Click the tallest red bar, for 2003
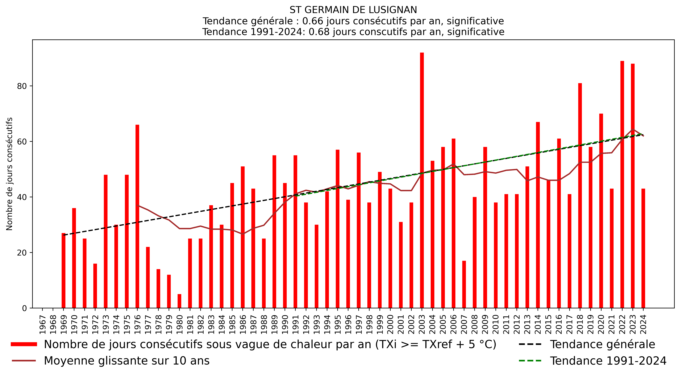pos(422,180)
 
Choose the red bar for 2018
pos(580,196)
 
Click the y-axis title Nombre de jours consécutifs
pos(9,174)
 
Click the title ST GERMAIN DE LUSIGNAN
pos(353,10)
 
